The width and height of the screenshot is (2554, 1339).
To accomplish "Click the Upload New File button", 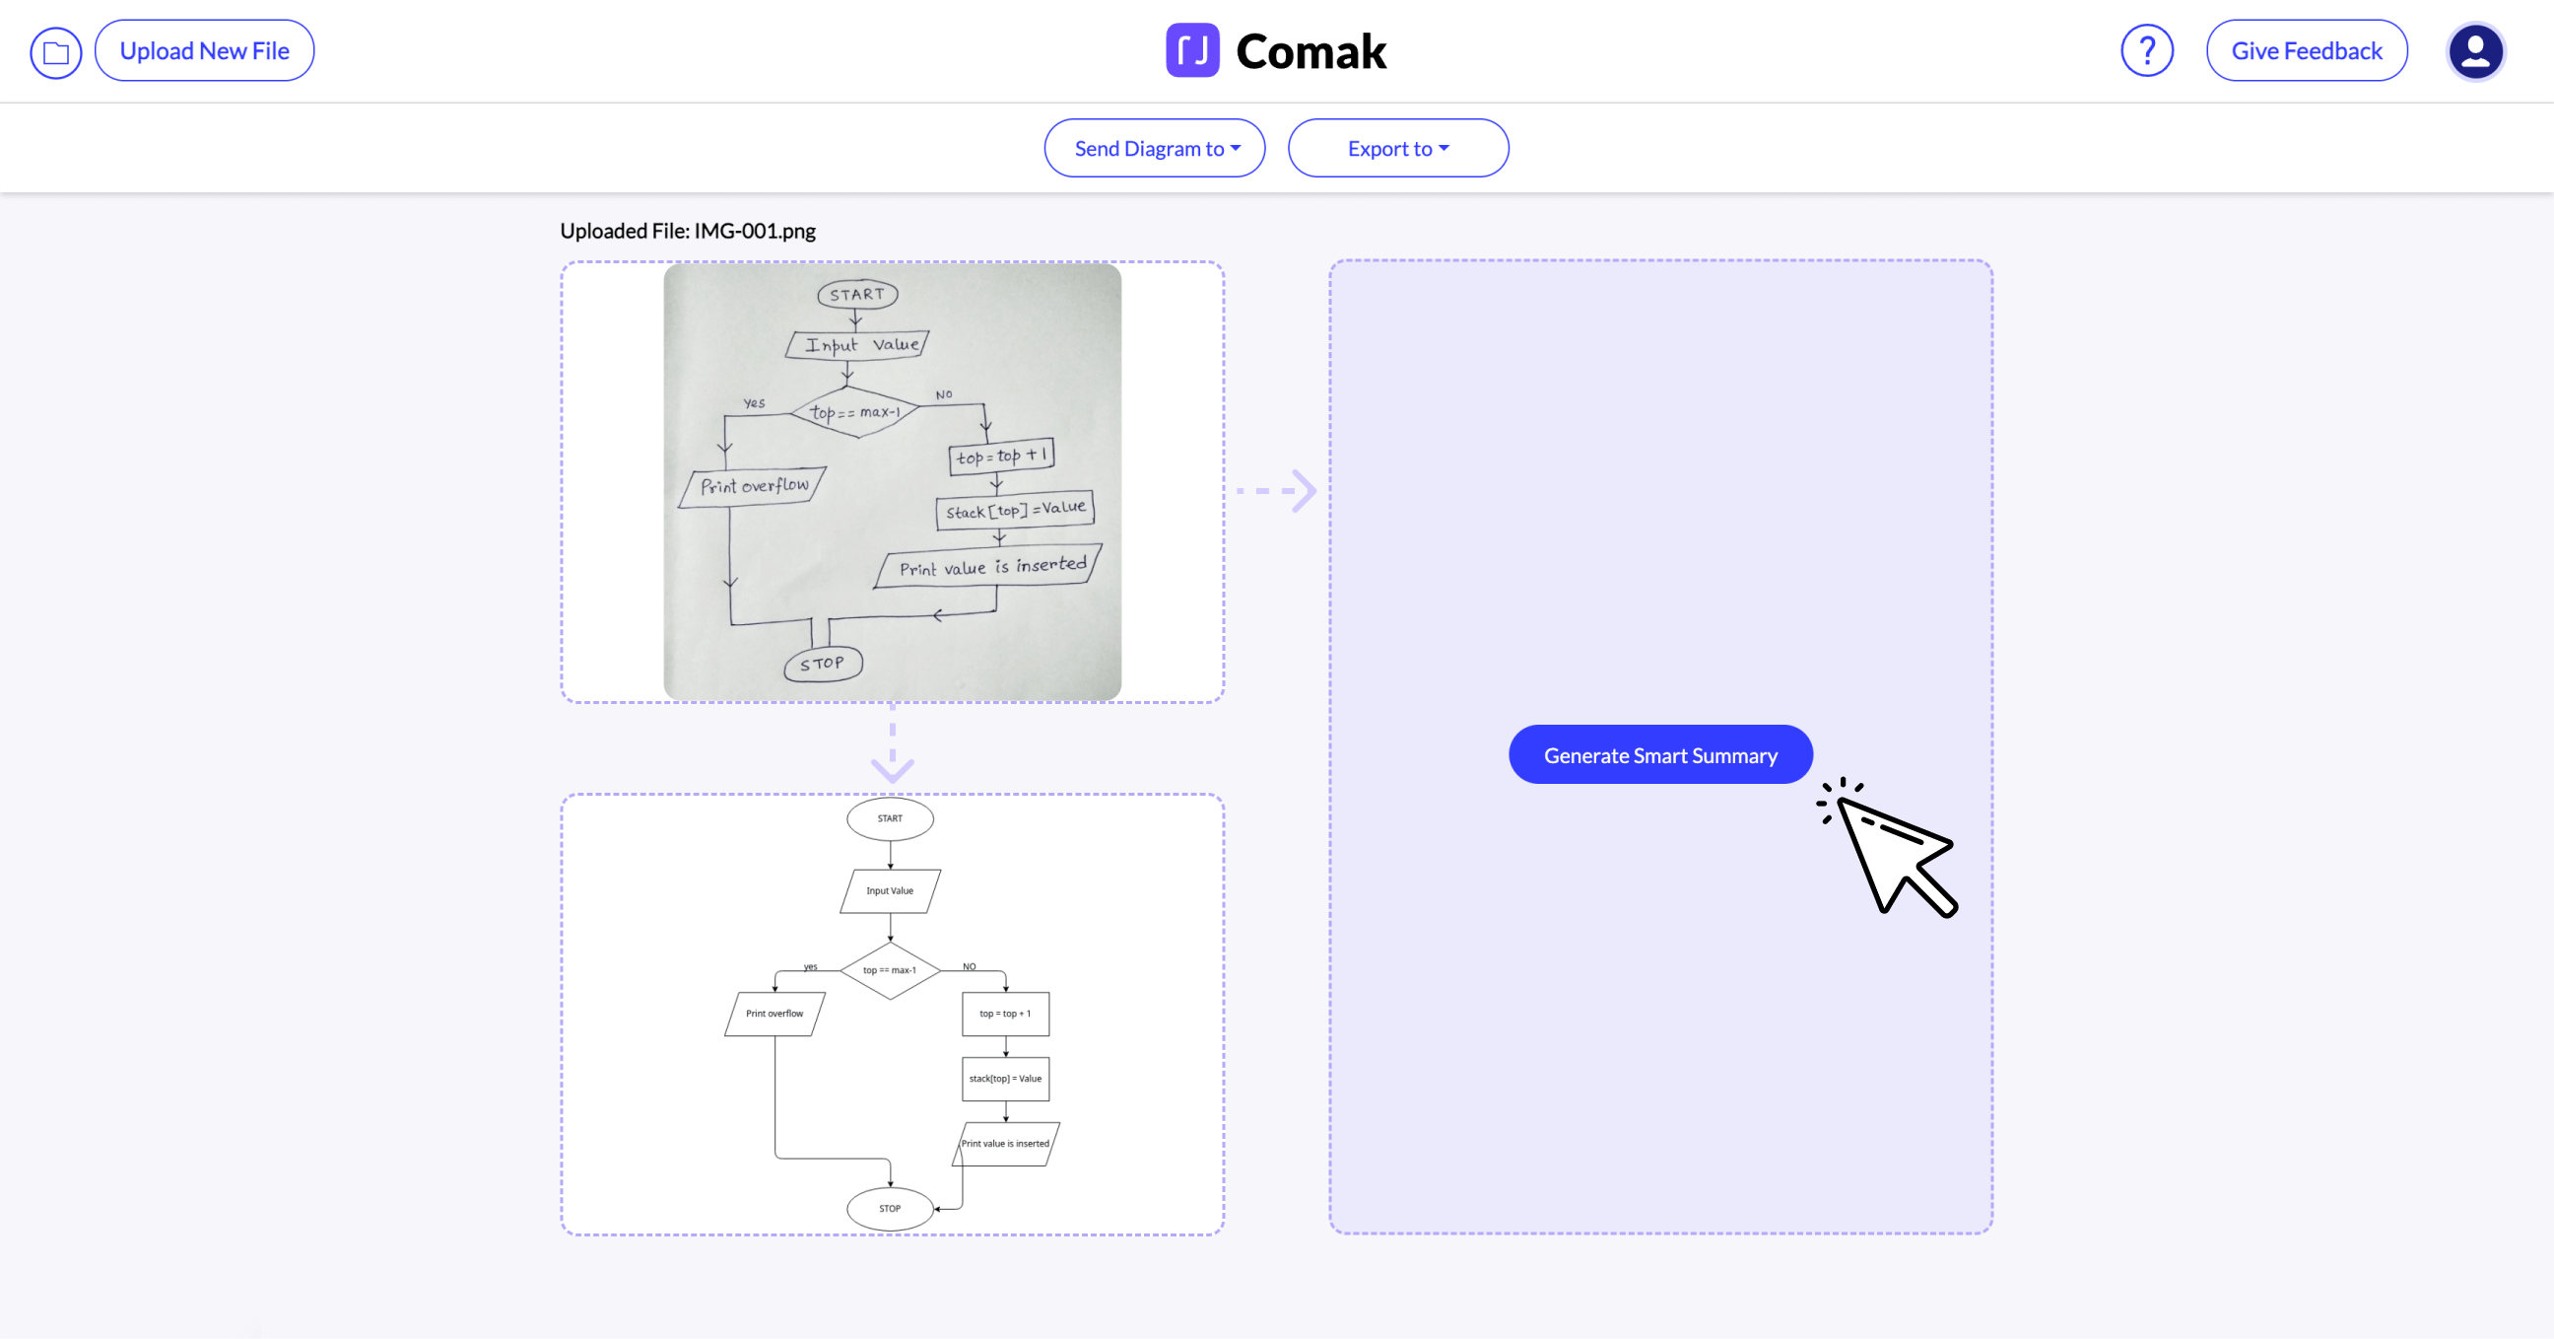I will (204, 50).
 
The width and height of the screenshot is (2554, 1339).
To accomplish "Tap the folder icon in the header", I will (55, 52).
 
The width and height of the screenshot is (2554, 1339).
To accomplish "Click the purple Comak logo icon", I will (1191, 50).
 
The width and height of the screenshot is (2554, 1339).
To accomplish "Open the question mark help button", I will (2146, 50).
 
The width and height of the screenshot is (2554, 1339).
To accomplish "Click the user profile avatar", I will (2475, 51).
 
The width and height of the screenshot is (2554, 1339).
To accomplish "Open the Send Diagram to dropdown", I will (1154, 149).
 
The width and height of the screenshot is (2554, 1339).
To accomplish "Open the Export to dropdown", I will (1397, 149).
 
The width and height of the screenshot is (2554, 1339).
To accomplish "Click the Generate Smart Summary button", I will (1659, 755).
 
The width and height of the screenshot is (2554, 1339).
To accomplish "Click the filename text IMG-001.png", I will (755, 231).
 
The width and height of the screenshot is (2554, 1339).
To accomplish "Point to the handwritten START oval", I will (857, 295).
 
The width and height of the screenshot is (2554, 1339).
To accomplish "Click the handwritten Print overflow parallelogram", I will (754, 486).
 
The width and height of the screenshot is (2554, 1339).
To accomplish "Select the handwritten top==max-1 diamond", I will (854, 411).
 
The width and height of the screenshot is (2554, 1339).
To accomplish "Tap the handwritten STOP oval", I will (823, 664).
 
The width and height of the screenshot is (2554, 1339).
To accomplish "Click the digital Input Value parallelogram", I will (890, 890).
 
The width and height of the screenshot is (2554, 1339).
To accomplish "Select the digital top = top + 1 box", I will (1004, 1014).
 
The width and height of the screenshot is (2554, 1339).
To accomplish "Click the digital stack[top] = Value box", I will (1004, 1078).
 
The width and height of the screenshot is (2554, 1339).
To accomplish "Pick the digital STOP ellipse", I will (890, 1208).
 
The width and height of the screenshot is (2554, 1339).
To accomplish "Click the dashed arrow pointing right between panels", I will (1277, 490).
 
